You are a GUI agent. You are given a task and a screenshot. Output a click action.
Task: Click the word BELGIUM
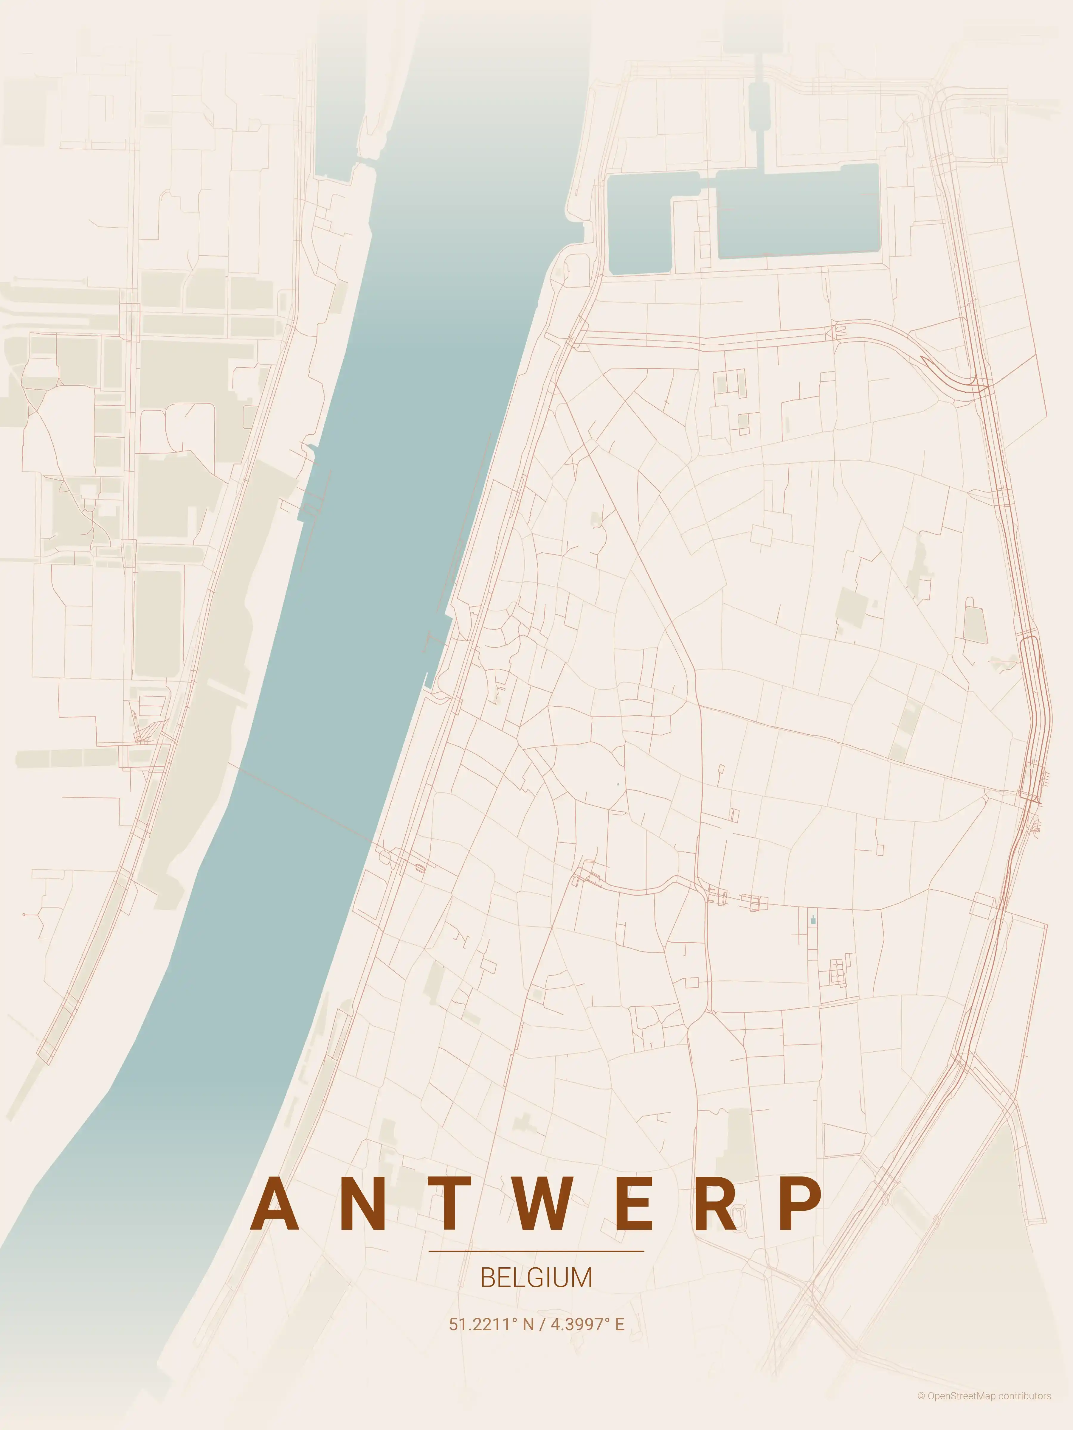click(536, 1278)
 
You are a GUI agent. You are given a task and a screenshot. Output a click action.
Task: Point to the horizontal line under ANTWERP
click(536, 1251)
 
